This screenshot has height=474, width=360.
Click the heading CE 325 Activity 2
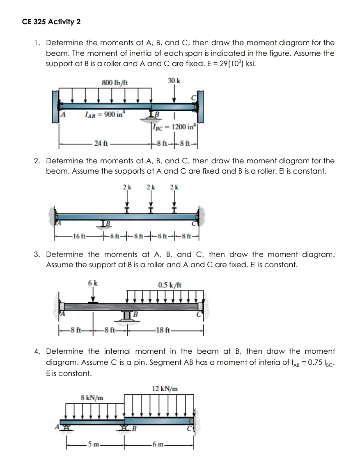point(51,22)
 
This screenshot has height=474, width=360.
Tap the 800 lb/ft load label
point(115,82)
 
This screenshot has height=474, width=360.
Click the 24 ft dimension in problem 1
point(101,144)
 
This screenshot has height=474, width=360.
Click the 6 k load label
point(93,283)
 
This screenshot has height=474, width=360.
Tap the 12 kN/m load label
point(165,388)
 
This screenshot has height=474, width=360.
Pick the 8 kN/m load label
point(92,397)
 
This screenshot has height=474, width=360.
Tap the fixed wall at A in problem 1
point(56,106)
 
